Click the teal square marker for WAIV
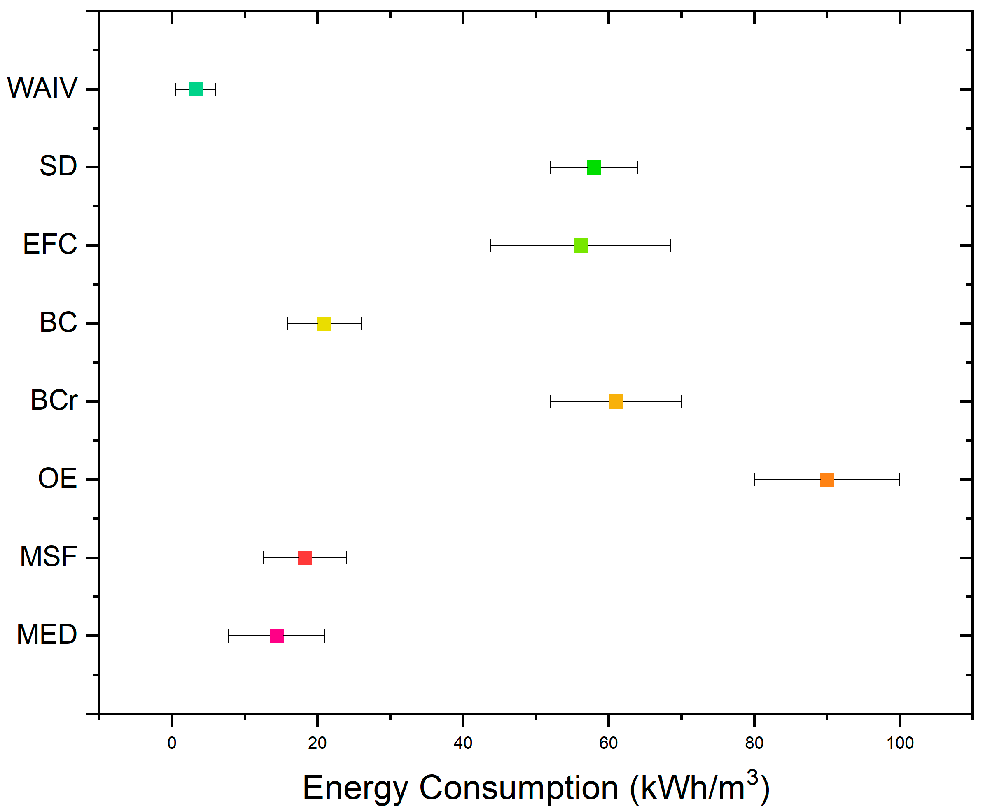(x=195, y=89)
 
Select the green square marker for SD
(x=594, y=167)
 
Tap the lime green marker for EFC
(x=580, y=245)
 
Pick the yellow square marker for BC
(x=324, y=323)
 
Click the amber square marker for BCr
(x=616, y=401)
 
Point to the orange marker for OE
(x=827, y=479)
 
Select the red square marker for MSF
(x=305, y=558)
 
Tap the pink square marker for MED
(x=277, y=636)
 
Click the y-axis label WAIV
(x=42, y=88)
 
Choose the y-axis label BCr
(x=54, y=401)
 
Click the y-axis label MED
(x=47, y=634)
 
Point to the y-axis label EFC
(x=50, y=244)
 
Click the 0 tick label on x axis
(x=172, y=743)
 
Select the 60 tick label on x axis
(x=608, y=743)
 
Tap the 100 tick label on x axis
(x=900, y=743)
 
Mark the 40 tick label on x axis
(x=463, y=743)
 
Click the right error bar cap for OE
(x=899, y=479)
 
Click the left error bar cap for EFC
(x=490, y=245)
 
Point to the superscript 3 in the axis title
(x=752, y=777)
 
